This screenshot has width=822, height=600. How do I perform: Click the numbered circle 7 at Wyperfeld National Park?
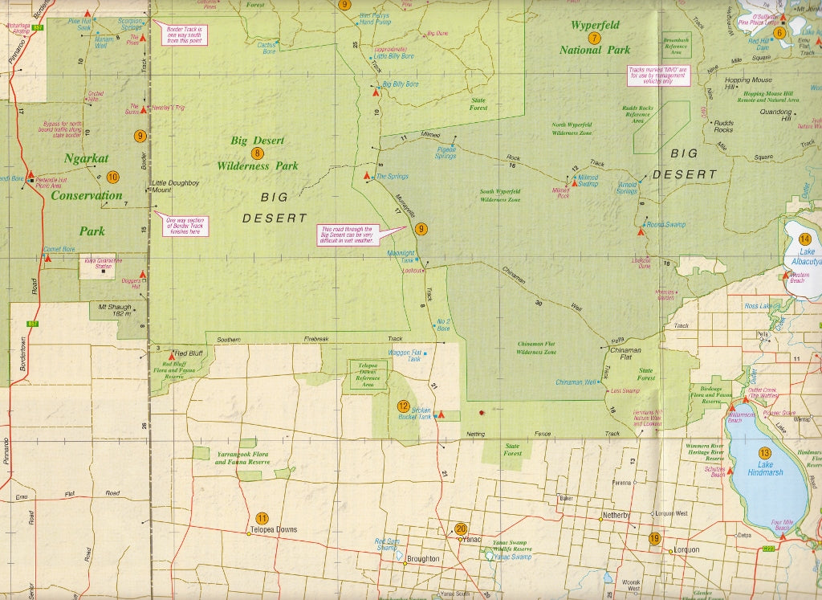click(594, 38)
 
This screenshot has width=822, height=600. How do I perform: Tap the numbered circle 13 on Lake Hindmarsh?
click(764, 453)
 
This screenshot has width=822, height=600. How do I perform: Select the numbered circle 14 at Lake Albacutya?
click(806, 239)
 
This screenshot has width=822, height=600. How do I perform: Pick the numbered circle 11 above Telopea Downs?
click(262, 518)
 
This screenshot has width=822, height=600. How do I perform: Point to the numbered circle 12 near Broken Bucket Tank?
click(404, 406)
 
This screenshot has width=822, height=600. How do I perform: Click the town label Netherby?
click(616, 513)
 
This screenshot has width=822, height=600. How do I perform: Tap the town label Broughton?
click(423, 558)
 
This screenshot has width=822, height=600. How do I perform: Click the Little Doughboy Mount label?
click(174, 186)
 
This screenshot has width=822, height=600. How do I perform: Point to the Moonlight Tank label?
click(401, 255)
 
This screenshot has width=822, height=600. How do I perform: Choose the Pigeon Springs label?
click(445, 153)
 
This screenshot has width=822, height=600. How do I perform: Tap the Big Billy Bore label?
click(401, 84)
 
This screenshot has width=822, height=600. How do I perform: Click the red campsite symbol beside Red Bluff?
click(172, 354)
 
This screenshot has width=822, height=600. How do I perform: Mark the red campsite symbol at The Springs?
click(368, 175)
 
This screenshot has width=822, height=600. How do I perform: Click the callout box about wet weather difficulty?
click(349, 235)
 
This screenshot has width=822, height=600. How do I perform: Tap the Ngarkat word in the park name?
click(86, 158)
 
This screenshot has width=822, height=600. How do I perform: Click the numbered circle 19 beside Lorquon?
click(655, 539)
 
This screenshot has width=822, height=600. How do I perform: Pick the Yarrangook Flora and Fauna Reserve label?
click(242, 459)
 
